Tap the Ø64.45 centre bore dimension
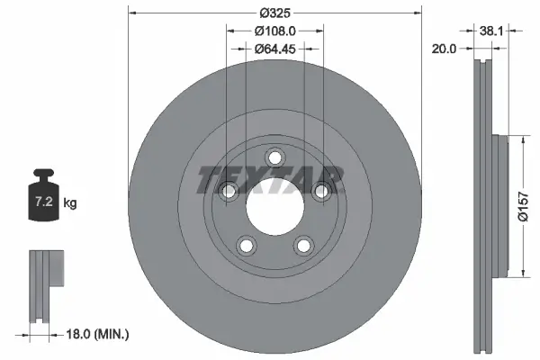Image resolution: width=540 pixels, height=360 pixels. (275, 49)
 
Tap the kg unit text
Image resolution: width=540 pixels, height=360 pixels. (71, 204)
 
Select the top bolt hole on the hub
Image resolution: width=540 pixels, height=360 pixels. (274, 157)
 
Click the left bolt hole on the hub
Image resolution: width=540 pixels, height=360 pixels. (229, 190)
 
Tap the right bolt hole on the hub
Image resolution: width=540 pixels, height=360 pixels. (320, 190)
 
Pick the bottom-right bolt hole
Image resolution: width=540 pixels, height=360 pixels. (303, 243)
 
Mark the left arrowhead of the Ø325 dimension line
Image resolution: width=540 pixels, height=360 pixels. (131, 12)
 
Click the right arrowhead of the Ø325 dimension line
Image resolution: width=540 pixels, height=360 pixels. (418, 12)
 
